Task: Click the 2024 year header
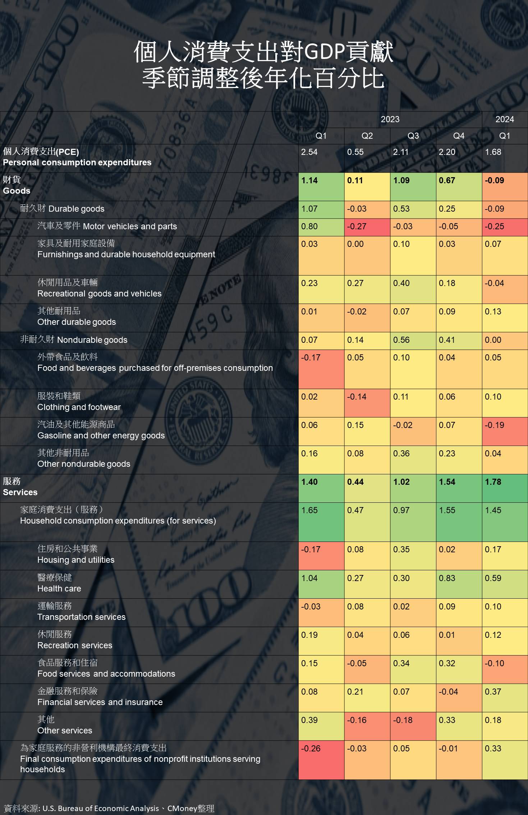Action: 504,119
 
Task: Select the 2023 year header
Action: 390,119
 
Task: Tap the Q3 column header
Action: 413,136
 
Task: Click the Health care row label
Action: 59,589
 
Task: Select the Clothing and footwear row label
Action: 79,407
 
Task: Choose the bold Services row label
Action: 20,492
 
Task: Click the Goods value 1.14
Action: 309,180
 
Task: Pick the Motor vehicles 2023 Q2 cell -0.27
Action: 357,226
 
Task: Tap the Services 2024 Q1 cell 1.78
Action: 493,482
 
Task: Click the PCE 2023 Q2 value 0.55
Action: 355,152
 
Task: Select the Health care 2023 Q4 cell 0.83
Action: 447,578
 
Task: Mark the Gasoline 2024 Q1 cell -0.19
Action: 494,425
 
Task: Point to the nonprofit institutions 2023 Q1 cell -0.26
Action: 311,749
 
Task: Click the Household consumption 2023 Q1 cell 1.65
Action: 309,510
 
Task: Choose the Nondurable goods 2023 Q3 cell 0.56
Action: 401,340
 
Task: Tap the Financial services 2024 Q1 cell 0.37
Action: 493,692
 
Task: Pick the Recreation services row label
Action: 75,645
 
